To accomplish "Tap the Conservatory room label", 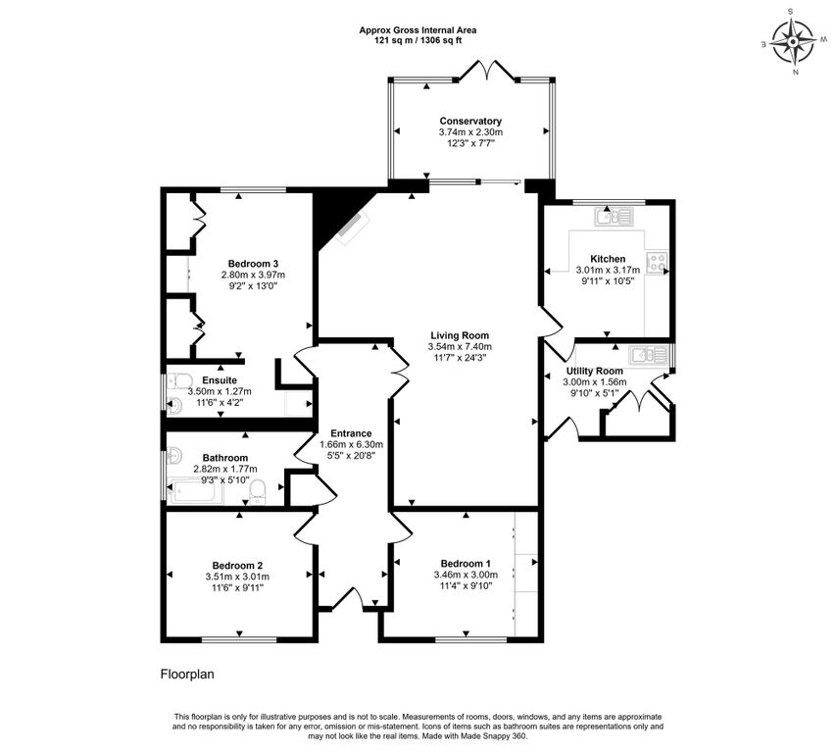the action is tap(470, 121).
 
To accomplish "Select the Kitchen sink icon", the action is tap(615, 217).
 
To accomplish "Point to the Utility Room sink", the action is tap(648, 355).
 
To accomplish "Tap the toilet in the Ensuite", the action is tap(180, 381).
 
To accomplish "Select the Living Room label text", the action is tap(460, 335).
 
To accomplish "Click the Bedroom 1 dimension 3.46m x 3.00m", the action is tap(466, 575).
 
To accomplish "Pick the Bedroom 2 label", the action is tap(237, 566).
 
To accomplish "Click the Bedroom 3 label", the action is tap(253, 264).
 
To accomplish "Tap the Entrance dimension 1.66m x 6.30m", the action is tap(351, 445).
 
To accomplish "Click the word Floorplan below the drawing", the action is tap(187, 675).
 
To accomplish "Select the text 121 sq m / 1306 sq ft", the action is tap(418, 40).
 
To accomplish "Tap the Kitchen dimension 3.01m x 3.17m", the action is tap(608, 271).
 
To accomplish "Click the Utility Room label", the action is tap(595, 372).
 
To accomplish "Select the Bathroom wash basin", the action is tap(174, 455).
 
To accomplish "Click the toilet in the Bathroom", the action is tap(258, 491).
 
